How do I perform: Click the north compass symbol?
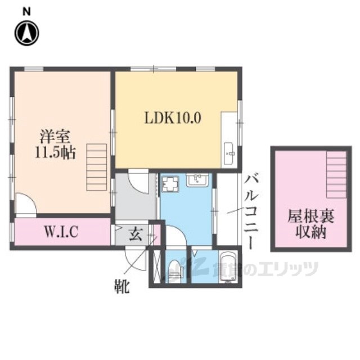[x=27, y=33]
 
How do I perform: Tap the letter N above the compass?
[x=26, y=12]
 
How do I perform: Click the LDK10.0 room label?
[x=173, y=118]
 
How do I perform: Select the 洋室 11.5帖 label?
[x=55, y=144]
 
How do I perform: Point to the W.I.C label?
[x=61, y=231]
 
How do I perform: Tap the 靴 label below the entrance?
[x=122, y=286]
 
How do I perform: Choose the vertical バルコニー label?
[x=251, y=212]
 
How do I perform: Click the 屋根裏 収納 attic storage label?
[x=311, y=224]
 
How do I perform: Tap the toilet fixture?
[x=175, y=271]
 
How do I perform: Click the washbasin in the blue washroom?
[x=197, y=180]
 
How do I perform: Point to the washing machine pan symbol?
[x=170, y=184]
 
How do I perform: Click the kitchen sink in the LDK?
[x=229, y=154]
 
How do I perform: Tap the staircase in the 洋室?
[x=97, y=168]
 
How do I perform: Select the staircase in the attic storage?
[x=336, y=174]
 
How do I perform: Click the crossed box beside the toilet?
[x=157, y=267]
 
